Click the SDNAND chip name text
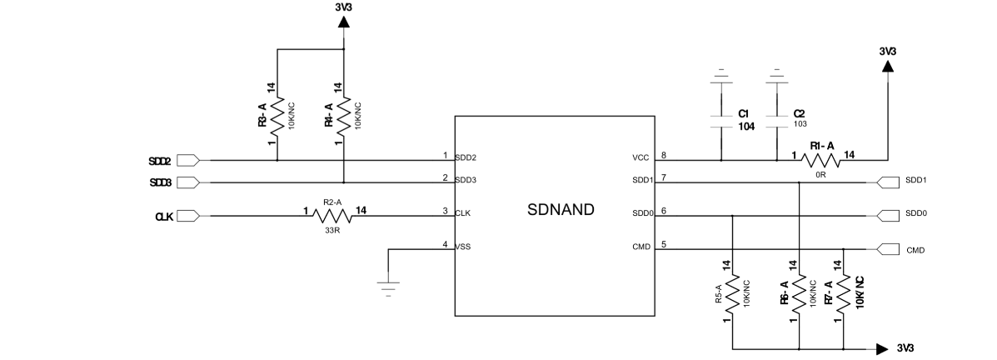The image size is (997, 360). pyautogui.click(x=561, y=210)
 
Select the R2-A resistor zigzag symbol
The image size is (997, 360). pyautogui.click(x=330, y=216)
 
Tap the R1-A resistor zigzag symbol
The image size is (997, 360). pyautogui.click(x=820, y=160)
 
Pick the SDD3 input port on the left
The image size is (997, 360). pyautogui.click(x=188, y=182)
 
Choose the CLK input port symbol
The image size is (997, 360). pyautogui.click(x=188, y=216)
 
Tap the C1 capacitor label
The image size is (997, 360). pyautogui.click(x=744, y=112)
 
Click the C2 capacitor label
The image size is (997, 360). pyautogui.click(x=799, y=112)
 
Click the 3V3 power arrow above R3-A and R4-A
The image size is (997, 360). pyautogui.click(x=343, y=22)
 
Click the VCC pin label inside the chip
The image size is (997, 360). pyautogui.click(x=641, y=157)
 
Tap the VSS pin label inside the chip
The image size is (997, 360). pyautogui.click(x=463, y=246)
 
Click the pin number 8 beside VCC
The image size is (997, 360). pyautogui.click(x=663, y=154)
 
